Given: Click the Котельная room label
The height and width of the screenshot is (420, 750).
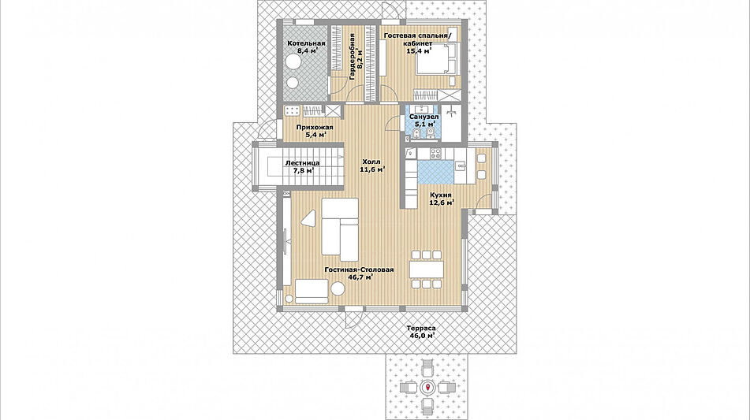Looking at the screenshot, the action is (x=306, y=43).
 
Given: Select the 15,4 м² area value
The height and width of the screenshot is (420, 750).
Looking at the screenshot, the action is (x=419, y=50).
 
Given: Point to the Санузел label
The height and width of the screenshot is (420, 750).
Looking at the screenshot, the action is (x=424, y=117).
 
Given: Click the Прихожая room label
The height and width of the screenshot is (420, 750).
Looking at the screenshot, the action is (x=314, y=128).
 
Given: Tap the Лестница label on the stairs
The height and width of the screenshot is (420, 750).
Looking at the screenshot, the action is (x=302, y=163).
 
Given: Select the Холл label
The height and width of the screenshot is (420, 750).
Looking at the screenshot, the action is (x=371, y=162).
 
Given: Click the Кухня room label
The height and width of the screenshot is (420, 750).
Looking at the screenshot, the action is (x=441, y=195).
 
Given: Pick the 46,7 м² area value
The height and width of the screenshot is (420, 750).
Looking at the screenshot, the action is (x=360, y=277).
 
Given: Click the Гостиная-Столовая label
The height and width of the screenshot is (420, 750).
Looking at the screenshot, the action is (x=359, y=270).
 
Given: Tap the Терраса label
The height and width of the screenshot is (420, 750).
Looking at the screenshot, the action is (x=421, y=329).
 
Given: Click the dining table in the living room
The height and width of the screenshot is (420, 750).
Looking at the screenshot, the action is (x=427, y=269).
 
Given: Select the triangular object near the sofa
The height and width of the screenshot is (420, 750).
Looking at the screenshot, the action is (x=309, y=218).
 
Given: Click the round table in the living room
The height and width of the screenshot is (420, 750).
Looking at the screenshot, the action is (x=338, y=289).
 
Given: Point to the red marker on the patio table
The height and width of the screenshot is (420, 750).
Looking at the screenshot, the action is (x=427, y=387).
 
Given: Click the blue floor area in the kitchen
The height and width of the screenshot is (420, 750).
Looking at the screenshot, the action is (x=436, y=173).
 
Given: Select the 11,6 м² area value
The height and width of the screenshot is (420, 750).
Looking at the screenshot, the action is (x=372, y=169).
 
